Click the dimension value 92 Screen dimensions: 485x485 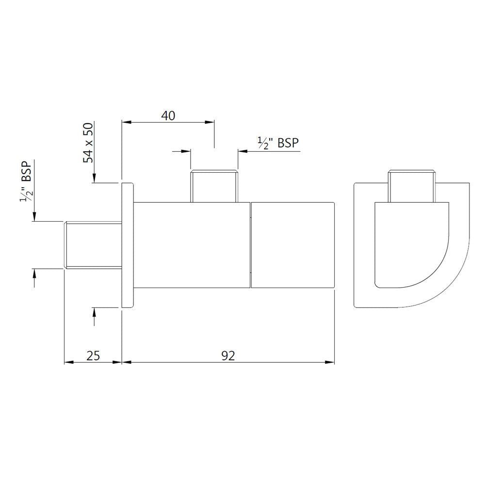pos(228,356)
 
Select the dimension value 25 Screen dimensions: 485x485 pos(93,356)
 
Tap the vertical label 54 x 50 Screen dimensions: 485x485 pos(88,143)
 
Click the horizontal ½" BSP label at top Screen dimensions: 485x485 pos(278,143)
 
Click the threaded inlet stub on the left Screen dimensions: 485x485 pos(93,244)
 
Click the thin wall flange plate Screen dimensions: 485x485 pos(127,245)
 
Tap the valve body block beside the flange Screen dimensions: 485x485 pos(191,245)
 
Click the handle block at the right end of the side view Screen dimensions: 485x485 pos(293,245)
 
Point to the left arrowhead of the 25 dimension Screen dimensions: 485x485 pos(68,362)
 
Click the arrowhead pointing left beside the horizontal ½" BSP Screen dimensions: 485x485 pos(242,151)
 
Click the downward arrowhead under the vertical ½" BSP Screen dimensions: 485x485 pos(34,217)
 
